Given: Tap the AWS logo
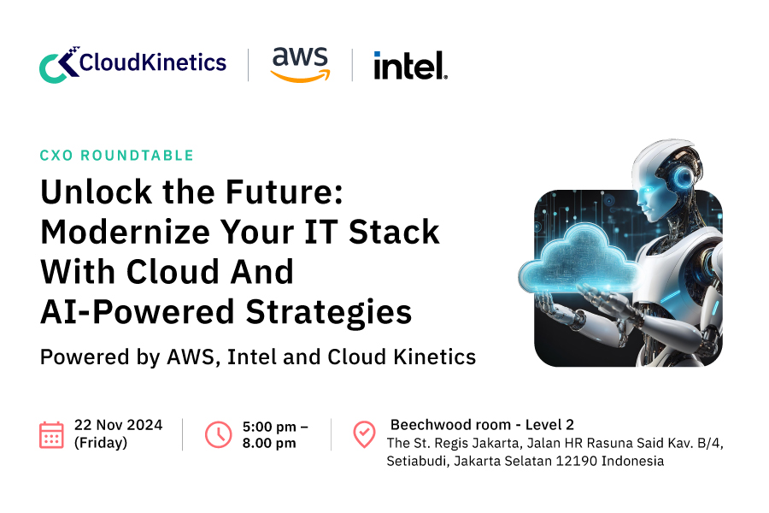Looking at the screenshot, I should point(299,64).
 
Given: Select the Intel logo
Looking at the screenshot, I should point(410,65).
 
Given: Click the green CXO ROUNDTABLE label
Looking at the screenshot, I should point(117,156).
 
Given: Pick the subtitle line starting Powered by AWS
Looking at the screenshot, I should point(257,357).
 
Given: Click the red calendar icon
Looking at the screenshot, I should point(51,434).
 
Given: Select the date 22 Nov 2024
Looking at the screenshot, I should point(118,425).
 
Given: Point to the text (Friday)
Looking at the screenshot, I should point(101,443).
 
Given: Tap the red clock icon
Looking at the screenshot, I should point(218,434).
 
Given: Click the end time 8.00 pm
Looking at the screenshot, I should point(269,443).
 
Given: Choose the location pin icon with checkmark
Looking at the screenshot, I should point(364,434).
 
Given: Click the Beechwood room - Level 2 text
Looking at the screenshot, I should point(482,425).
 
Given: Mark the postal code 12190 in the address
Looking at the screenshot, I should point(584,461).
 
